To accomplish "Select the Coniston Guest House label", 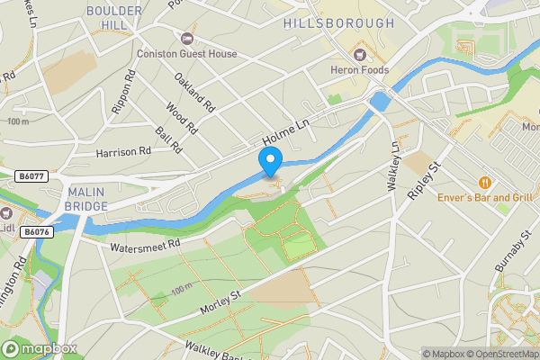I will pyautogui.click(x=187, y=54).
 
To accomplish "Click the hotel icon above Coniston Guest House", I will pyautogui.click(x=187, y=39).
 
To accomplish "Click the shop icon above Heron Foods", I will pyautogui.click(x=360, y=56).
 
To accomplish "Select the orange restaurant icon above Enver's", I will pyautogui.click(x=484, y=180).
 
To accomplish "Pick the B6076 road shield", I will pyautogui.click(x=37, y=232).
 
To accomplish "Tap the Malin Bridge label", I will pyautogui.click(x=86, y=198).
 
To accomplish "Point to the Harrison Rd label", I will pyautogui.click(x=123, y=152).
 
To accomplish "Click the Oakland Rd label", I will pyautogui.click(x=194, y=94).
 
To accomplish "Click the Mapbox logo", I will pyautogui.click(x=40, y=348).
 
